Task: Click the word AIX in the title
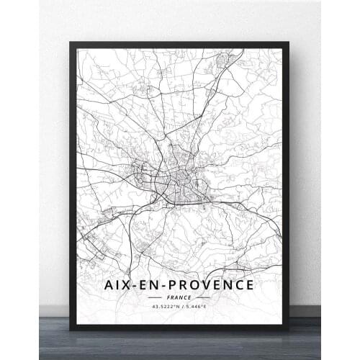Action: click(119, 284)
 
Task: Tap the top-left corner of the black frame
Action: click(71, 42)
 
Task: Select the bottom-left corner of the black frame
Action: click(71, 328)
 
